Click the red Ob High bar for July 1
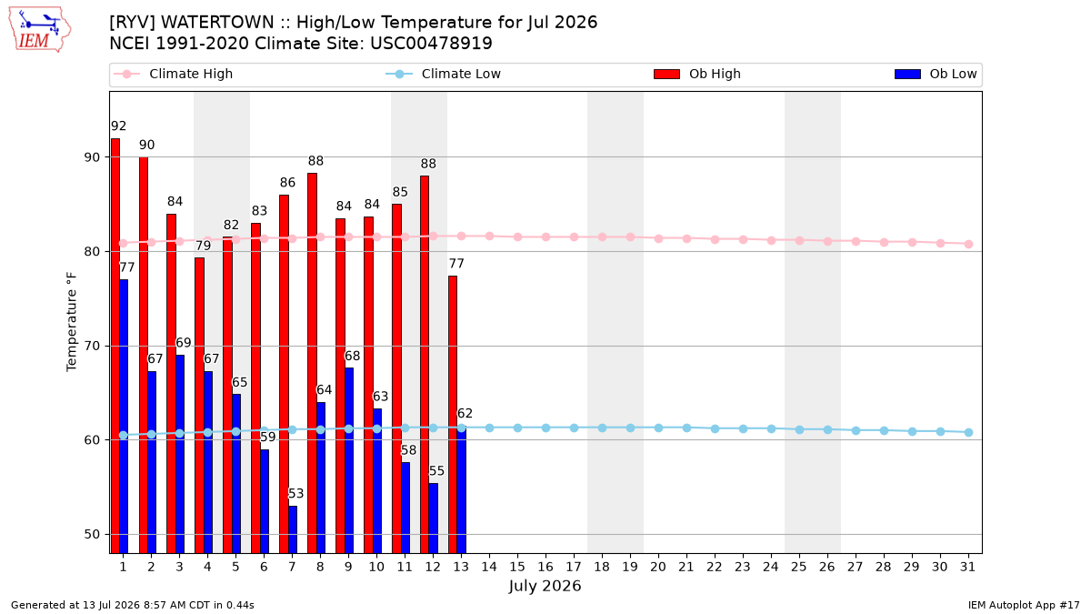click(115, 346)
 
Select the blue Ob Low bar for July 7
click(293, 529)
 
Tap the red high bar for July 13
click(453, 415)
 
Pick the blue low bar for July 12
click(434, 518)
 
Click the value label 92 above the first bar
click(118, 126)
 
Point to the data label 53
click(295, 494)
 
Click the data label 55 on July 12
click(436, 471)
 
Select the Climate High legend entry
click(173, 74)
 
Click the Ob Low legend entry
click(936, 74)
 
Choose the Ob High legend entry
click(697, 74)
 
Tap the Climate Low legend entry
click(443, 74)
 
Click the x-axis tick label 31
click(967, 567)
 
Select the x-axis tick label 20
click(658, 567)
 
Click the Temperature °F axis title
click(72, 322)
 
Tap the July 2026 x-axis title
click(545, 586)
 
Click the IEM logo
click(40, 30)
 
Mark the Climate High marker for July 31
click(968, 244)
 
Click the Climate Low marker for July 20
click(658, 428)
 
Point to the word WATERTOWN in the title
click(217, 23)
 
